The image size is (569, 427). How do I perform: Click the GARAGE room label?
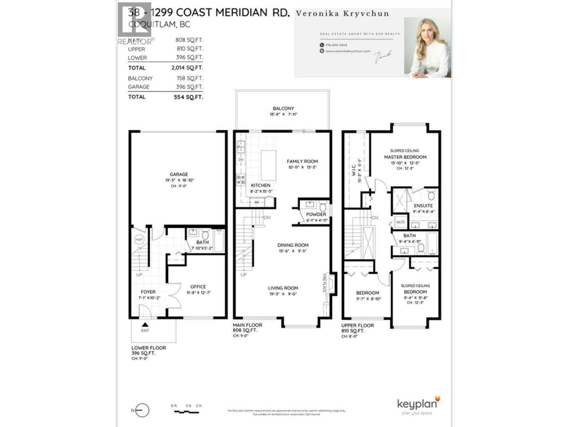[179, 174]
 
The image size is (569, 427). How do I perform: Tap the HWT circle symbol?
[139, 240]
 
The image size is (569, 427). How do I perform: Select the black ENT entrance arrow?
[145, 325]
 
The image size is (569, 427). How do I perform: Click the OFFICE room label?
[198, 287]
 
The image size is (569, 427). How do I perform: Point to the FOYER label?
[148, 292]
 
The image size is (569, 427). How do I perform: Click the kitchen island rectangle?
[268, 165]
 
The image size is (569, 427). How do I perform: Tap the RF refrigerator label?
[257, 202]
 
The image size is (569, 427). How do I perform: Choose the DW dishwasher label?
[241, 160]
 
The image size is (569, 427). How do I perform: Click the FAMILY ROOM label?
[302, 161]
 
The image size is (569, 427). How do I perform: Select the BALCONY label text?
[283, 108]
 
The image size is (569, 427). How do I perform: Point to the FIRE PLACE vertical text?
[324, 283]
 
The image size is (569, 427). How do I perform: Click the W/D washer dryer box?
[400, 222]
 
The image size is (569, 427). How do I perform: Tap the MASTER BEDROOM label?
[405, 157]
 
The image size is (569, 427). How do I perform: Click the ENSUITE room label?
[423, 206]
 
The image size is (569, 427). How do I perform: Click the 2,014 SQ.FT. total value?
[187, 68]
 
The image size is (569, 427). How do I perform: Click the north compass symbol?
[142, 411]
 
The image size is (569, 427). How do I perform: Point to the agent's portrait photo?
[427, 47]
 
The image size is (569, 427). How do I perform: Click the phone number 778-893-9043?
[336, 45]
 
